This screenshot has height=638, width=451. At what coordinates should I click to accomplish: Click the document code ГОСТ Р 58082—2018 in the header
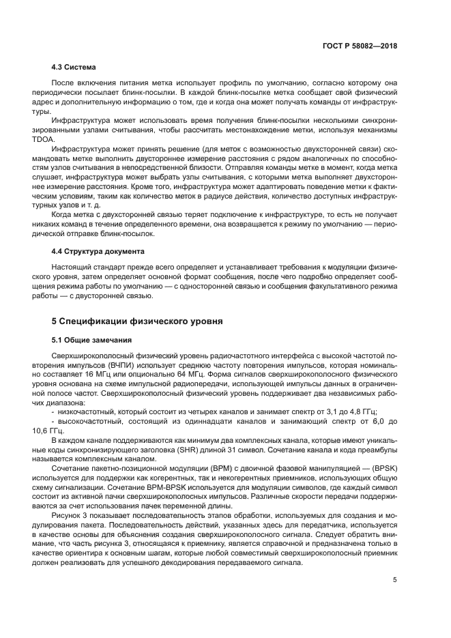pyautogui.click(x=360, y=46)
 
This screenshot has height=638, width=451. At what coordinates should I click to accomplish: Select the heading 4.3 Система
pyautogui.click(x=74, y=67)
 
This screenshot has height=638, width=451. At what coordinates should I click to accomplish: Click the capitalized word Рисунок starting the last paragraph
pyautogui.click(x=67, y=517)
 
